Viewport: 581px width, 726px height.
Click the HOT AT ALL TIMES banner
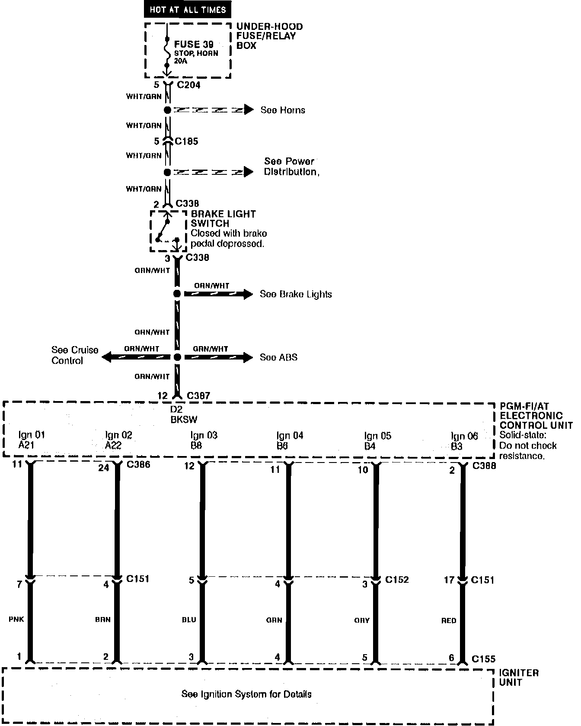tap(187, 10)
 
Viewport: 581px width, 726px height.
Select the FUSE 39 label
tap(193, 44)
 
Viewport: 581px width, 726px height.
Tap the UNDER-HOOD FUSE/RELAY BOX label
tap(269, 36)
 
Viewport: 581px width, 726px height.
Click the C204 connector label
tap(189, 85)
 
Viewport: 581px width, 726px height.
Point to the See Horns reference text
tap(283, 110)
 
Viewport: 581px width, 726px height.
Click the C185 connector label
tap(187, 141)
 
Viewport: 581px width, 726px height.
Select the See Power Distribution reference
tap(291, 167)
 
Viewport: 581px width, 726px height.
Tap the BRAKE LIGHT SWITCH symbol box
tap(168, 231)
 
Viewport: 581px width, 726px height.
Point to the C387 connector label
tap(198, 395)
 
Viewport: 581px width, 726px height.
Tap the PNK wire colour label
tap(16, 619)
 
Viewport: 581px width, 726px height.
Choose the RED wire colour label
tap(449, 620)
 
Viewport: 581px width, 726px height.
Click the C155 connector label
tap(483, 659)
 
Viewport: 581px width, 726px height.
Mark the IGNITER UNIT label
tap(519, 678)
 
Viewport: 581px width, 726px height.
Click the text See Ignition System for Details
tap(246, 694)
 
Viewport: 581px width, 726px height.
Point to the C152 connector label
tap(397, 579)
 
